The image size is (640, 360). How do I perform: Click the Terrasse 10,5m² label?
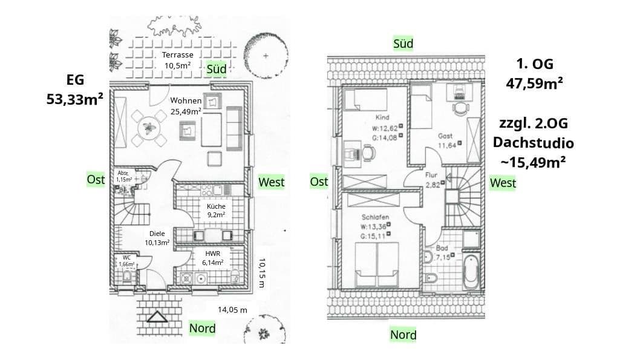coord(178,60)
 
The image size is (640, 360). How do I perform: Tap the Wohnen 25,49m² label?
coord(186,105)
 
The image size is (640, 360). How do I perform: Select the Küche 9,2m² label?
coord(215,210)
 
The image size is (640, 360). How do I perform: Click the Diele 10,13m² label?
coord(157,238)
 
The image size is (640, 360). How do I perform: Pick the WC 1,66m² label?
coord(126,261)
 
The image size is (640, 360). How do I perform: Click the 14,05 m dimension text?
coord(233,309)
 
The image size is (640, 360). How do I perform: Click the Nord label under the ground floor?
coord(202,328)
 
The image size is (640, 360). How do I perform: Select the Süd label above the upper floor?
coord(403,44)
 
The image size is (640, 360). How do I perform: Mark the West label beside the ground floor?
coord(272,182)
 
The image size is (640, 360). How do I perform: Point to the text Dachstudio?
coord(533,143)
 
